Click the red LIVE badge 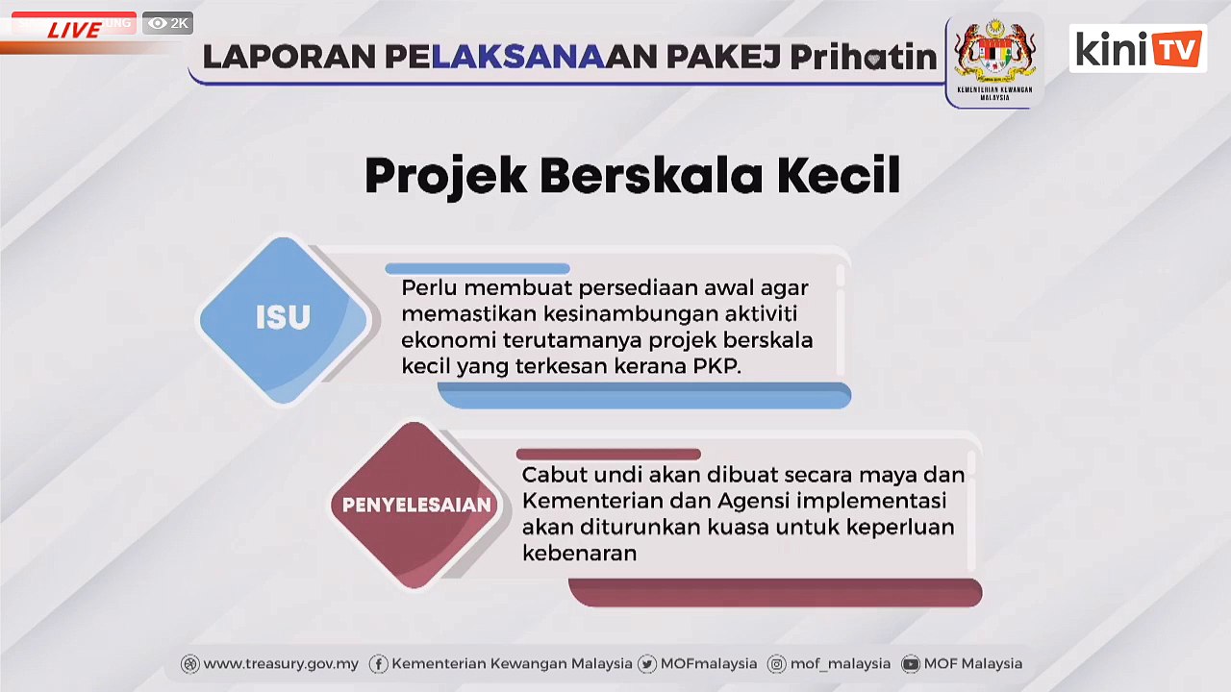point(74,29)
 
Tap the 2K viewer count point(168,23)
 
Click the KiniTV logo point(1138,48)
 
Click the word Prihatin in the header point(863,57)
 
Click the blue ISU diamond point(283,318)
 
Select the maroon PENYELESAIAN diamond point(416,505)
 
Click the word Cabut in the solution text point(553,475)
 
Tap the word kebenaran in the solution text point(579,553)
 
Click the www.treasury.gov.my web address point(280,663)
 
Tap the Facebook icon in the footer point(378,664)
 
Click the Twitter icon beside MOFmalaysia point(646,664)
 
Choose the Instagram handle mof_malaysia point(840,663)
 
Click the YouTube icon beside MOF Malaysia point(910,664)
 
